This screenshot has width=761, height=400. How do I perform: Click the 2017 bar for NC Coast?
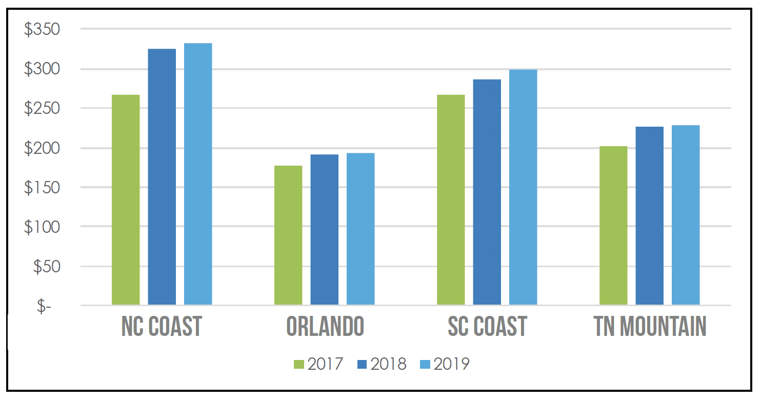pyautogui.click(x=126, y=200)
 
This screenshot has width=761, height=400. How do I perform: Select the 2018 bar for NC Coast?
pyautogui.click(x=162, y=177)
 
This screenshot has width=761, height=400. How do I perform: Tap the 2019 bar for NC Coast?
pyautogui.click(x=198, y=174)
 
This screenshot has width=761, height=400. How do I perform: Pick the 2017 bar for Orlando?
pyautogui.click(x=288, y=235)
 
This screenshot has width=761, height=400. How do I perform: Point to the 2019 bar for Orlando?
pyautogui.click(x=361, y=229)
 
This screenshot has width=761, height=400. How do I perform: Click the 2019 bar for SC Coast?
pyautogui.click(x=523, y=188)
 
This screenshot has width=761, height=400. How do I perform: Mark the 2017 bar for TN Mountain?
pyautogui.click(x=613, y=226)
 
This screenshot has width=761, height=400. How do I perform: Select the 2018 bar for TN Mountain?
pyautogui.click(x=650, y=216)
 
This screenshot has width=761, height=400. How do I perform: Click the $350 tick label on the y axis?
pyautogui.click(x=42, y=30)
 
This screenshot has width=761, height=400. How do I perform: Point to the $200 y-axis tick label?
pyautogui.click(x=42, y=148)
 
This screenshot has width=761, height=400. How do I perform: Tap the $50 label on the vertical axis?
pyautogui.click(x=46, y=267)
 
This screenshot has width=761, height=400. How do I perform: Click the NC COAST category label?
pyautogui.click(x=162, y=326)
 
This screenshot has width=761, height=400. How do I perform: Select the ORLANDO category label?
pyautogui.click(x=325, y=326)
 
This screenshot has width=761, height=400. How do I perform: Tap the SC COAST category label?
pyautogui.click(x=487, y=326)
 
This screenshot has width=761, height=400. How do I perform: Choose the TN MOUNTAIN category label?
pyautogui.click(x=650, y=326)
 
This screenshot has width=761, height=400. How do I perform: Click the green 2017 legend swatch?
pyautogui.click(x=299, y=364)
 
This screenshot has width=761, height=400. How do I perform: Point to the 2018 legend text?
pyautogui.click(x=388, y=364)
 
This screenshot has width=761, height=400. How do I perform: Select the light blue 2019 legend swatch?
pyautogui.click(x=425, y=364)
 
